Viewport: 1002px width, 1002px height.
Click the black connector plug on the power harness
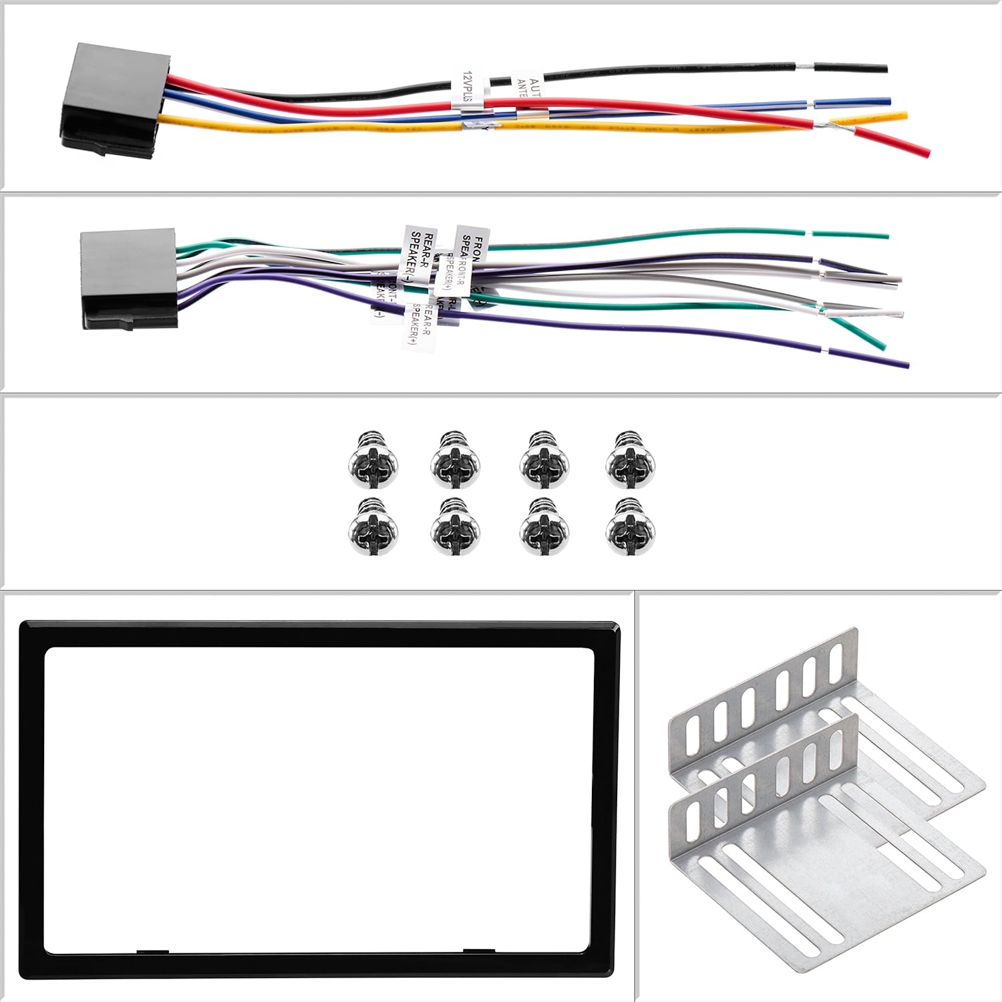(x=114, y=100)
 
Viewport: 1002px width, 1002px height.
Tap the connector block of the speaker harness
(x=128, y=279)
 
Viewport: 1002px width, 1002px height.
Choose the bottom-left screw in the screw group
(x=374, y=527)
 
